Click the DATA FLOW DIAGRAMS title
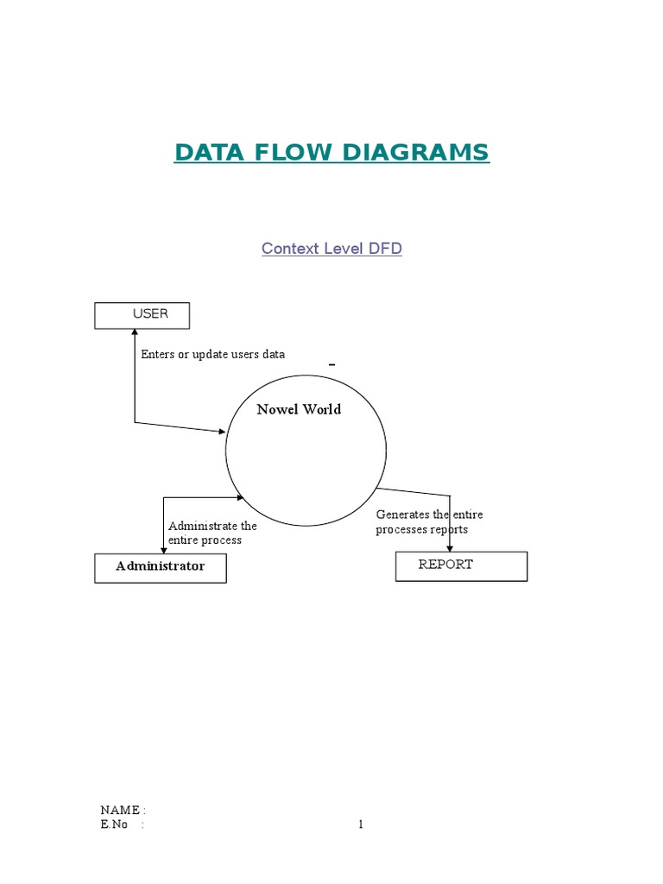(331, 153)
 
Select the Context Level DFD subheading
(331, 249)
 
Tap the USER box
(142, 315)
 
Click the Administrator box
(161, 567)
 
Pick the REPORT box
(461, 565)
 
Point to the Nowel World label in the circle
(299, 409)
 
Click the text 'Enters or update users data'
(212, 354)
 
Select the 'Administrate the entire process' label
(212, 533)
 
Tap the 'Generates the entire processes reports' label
(429, 521)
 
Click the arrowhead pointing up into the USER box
(135, 333)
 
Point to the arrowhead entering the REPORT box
(450, 547)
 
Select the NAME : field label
(123, 810)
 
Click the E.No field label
(114, 824)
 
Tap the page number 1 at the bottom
(361, 824)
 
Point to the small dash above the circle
(331, 366)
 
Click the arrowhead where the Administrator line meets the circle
(241, 497)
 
